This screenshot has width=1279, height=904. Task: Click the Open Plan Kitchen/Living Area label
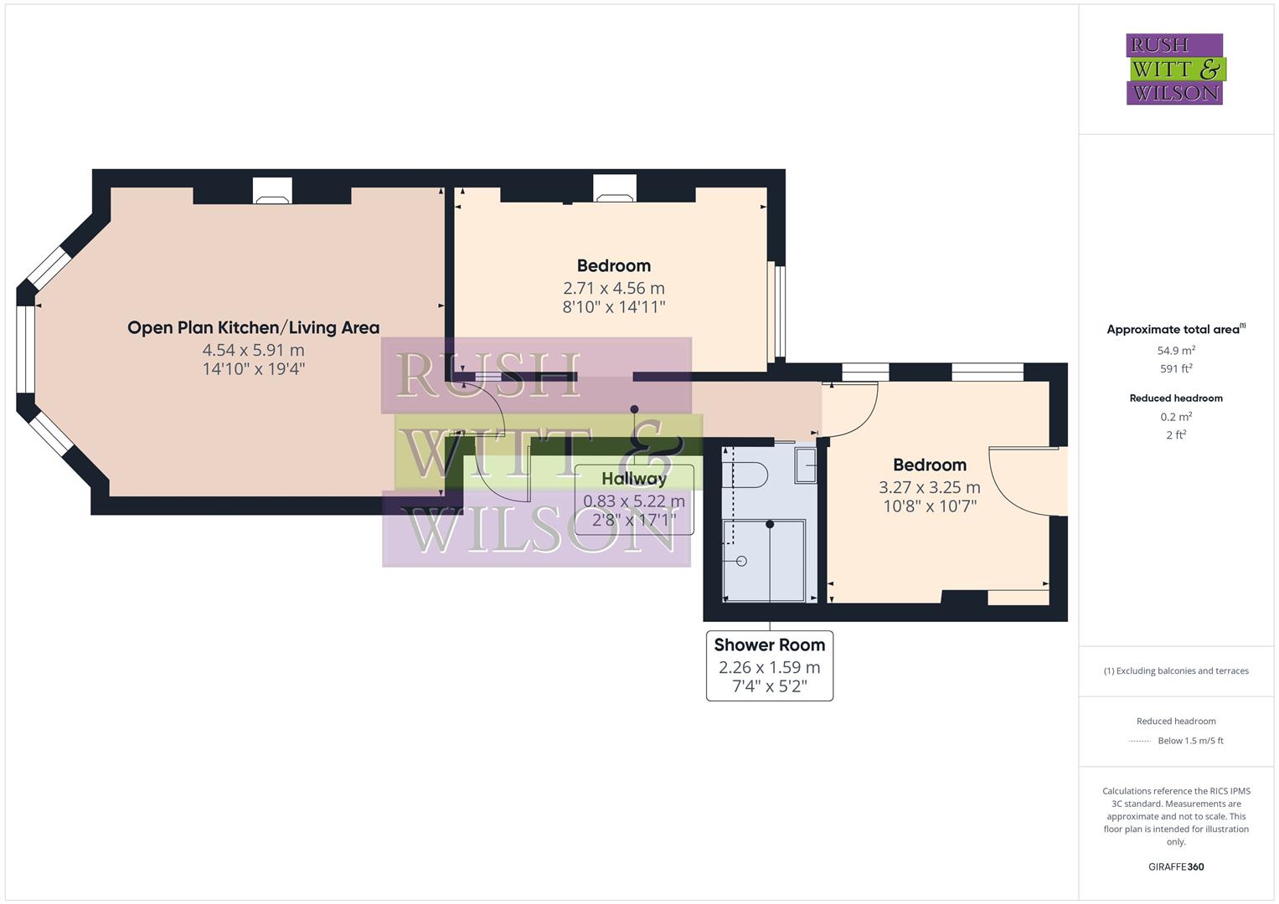[253, 327]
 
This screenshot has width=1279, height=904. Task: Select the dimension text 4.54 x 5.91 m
[253, 350]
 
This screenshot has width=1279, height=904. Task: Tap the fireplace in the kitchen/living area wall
[272, 192]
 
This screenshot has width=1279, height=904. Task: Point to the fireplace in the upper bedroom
[615, 190]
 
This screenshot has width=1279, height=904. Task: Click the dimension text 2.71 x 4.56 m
[613, 288]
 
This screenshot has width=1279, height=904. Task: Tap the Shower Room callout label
[769, 645]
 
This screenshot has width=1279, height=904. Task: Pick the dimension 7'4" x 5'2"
[769, 686]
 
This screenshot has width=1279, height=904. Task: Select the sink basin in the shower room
[805, 465]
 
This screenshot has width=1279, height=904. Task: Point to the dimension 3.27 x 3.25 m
[929, 487]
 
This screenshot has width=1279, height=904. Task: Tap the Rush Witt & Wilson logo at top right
[1174, 69]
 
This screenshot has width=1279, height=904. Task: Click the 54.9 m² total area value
[1176, 351]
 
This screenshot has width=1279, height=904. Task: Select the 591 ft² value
[1176, 368]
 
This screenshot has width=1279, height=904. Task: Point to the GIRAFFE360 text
[1176, 866]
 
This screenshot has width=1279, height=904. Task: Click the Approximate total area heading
[1175, 330]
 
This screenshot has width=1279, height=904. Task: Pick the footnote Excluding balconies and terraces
[1176, 670]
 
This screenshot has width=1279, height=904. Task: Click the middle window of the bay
[26, 349]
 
